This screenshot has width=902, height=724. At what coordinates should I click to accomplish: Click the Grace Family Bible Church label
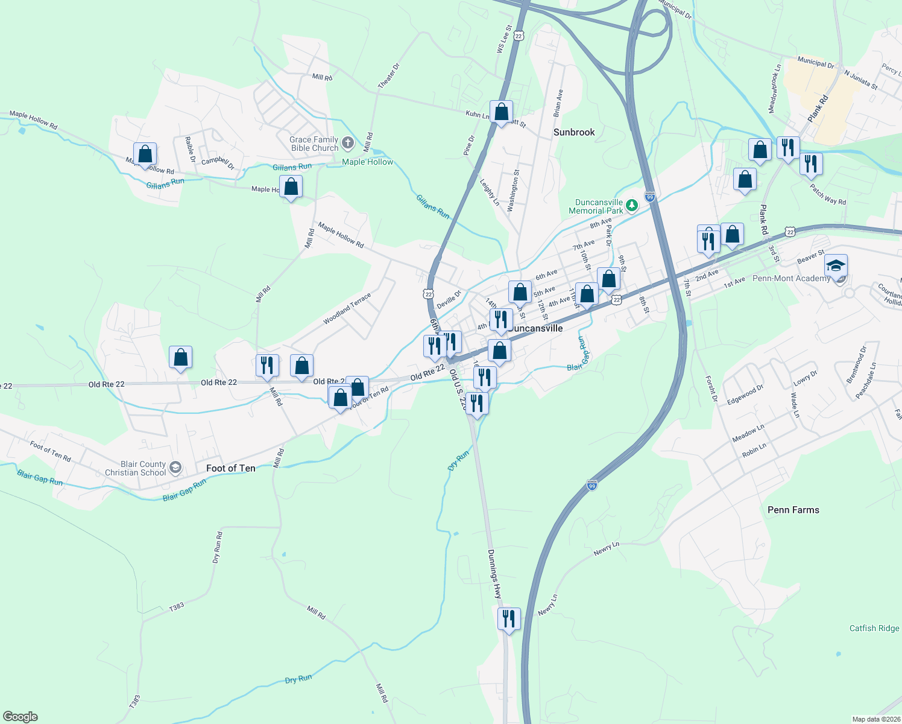click(314, 144)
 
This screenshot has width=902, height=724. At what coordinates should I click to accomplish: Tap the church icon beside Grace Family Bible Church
click(347, 143)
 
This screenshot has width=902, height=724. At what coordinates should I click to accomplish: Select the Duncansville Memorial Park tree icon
click(631, 206)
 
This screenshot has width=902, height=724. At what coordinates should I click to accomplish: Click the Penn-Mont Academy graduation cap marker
click(836, 266)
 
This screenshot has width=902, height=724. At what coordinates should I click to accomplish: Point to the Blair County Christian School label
click(135, 468)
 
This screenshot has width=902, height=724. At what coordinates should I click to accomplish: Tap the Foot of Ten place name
click(230, 468)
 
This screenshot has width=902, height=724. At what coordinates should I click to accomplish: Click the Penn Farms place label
click(793, 510)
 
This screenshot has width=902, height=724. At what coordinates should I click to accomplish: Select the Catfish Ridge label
click(874, 628)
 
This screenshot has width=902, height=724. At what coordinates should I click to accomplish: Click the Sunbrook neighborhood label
click(574, 132)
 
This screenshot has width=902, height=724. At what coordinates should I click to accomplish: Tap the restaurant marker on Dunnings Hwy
click(509, 619)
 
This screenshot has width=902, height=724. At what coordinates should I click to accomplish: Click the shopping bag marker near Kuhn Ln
click(501, 112)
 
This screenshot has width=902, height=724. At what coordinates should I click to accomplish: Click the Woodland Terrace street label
click(347, 308)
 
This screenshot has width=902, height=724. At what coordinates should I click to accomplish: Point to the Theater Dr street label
click(388, 76)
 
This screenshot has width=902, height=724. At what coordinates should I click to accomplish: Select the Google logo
click(20, 717)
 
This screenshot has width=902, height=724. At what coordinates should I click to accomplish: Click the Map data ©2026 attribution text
click(875, 719)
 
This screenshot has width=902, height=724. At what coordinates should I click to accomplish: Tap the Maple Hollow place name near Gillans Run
click(367, 162)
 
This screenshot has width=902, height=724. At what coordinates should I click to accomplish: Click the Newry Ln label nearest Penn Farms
click(606, 548)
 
